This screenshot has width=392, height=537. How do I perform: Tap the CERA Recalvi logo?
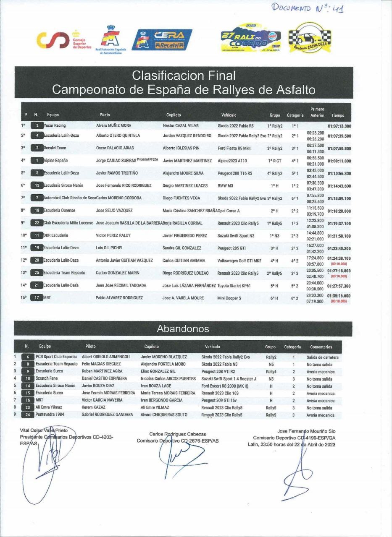(x=162, y=40)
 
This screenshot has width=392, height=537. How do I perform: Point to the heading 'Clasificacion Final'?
(x=184, y=76)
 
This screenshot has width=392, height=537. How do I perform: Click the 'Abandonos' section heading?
(x=183, y=328)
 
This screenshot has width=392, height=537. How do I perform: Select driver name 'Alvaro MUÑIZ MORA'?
(x=114, y=125)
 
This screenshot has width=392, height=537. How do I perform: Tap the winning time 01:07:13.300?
(x=339, y=126)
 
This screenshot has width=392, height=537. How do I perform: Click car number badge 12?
(x=37, y=185)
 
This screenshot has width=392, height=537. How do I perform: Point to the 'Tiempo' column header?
(x=338, y=115)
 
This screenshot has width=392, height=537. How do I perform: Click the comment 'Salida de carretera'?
(x=322, y=357)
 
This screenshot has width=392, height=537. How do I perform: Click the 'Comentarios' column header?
(x=321, y=347)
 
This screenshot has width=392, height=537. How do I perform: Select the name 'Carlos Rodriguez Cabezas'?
(x=177, y=434)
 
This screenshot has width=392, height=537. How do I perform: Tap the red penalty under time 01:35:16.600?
(x=339, y=301)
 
